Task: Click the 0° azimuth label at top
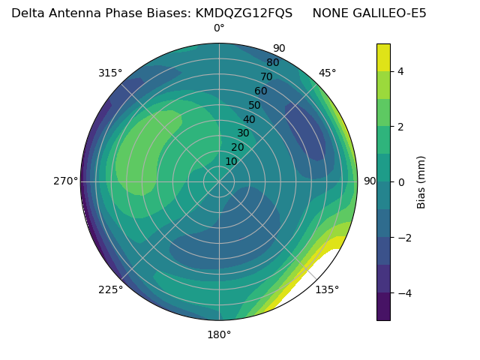pyautogui.click(x=219, y=28)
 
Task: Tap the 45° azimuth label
pyautogui.click(x=328, y=73)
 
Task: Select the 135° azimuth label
pyautogui.click(x=327, y=289)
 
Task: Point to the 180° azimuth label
pyautogui.click(x=219, y=334)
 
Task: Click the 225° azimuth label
pyautogui.click(x=110, y=290)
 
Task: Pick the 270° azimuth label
pyautogui.click(x=66, y=181)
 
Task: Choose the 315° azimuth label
pyautogui.click(x=110, y=73)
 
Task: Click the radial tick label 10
pyautogui.click(x=231, y=161)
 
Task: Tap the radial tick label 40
pyautogui.click(x=249, y=119)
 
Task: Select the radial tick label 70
pyautogui.click(x=266, y=76)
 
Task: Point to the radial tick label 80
pyautogui.click(x=272, y=62)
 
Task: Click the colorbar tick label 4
pyautogui.click(x=400, y=71)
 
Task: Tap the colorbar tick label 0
pyautogui.click(x=400, y=181)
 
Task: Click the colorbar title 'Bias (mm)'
pyautogui.click(x=421, y=181)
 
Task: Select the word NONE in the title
pyautogui.click(x=328, y=13)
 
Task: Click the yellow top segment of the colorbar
pyautogui.click(x=383, y=57)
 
